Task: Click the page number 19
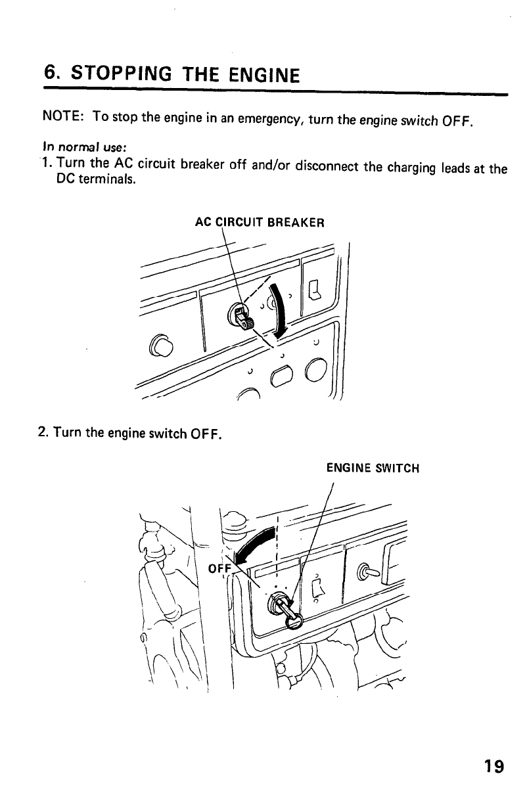493,766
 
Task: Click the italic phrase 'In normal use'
70,148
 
